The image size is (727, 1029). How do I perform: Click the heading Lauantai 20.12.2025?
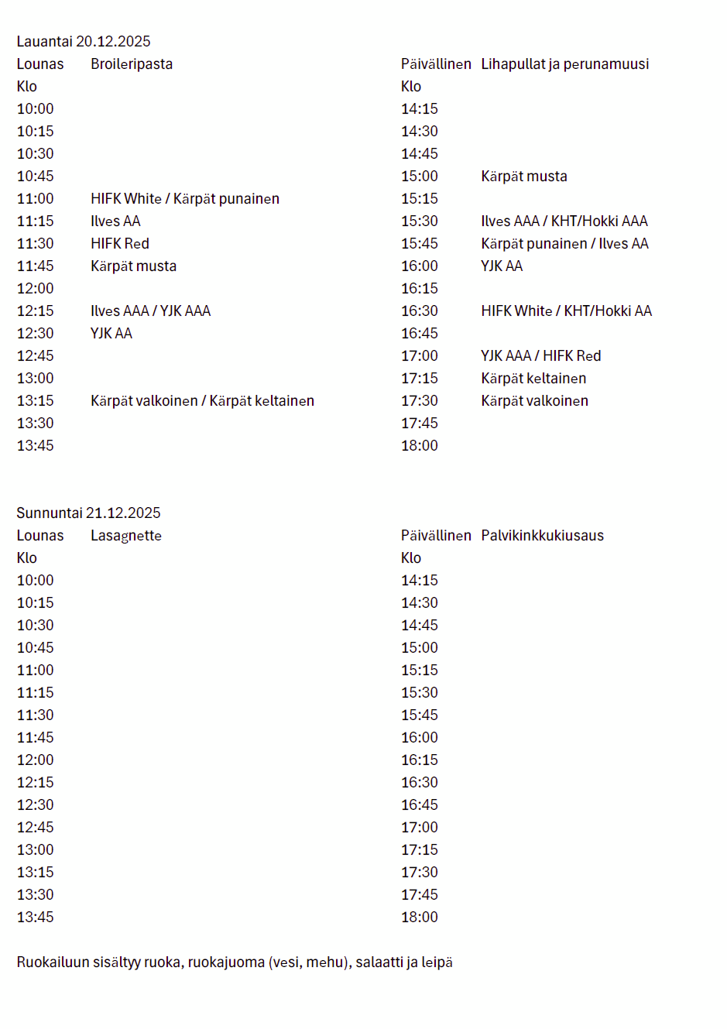(x=84, y=42)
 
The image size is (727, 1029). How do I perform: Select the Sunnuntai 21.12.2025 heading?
(x=88, y=513)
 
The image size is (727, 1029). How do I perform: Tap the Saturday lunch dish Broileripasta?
(x=132, y=64)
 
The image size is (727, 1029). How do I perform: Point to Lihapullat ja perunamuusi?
(x=564, y=64)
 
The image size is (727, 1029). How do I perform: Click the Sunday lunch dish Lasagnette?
(x=126, y=536)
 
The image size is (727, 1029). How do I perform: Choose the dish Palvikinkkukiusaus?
(x=542, y=536)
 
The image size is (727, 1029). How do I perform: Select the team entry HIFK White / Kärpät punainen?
(x=185, y=199)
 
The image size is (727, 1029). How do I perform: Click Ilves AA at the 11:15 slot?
(x=115, y=221)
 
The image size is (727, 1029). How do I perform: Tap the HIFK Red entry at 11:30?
(x=120, y=244)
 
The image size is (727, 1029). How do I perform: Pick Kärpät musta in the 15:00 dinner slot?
(x=524, y=177)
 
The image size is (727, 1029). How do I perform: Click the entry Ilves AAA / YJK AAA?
(x=150, y=311)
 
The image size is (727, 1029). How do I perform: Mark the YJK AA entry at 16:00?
(x=502, y=266)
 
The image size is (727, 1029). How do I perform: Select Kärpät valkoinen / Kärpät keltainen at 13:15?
(x=202, y=401)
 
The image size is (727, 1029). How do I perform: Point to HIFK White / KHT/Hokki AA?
(x=566, y=311)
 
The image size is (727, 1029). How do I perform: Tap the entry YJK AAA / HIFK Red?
(x=540, y=356)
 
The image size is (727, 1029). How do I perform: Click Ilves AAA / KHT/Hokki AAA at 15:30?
(x=564, y=221)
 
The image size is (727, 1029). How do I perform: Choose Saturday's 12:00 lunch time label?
(x=36, y=289)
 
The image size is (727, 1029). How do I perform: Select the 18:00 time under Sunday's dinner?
(x=420, y=918)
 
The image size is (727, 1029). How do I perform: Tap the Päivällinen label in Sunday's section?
(x=436, y=536)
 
